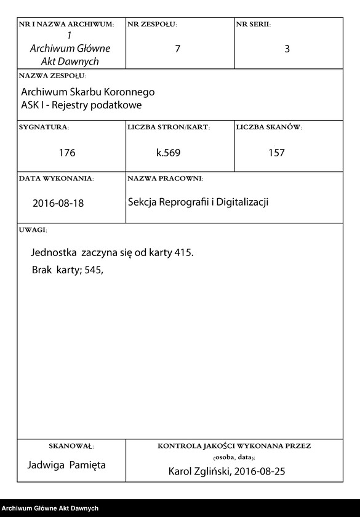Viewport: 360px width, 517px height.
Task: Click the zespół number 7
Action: (177, 49)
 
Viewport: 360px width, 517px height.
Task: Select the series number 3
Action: (287, 49)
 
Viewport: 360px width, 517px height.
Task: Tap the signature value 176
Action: (67, 153)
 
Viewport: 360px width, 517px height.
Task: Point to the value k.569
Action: (168, 153)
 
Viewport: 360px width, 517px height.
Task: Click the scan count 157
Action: (276, 153)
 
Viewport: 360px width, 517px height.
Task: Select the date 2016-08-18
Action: (58, 203)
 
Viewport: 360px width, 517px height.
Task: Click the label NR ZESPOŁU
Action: (152, 25)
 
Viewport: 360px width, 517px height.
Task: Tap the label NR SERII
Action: (253, 25)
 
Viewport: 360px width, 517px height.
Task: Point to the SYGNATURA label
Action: (44, 127)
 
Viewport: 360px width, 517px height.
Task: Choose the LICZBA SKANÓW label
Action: (268, 127)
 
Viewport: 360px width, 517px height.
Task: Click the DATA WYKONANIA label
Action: (56, 178)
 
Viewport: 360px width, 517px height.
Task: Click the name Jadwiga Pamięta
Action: (67, 465)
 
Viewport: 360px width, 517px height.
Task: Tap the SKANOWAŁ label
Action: (71, 445)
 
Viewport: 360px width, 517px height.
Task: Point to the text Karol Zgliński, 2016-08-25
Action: (226, 472)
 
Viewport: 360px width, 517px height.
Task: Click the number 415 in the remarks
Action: (183, 252)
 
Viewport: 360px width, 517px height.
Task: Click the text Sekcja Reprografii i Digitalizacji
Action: (198, 201)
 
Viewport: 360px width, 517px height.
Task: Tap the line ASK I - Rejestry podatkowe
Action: (81, 105)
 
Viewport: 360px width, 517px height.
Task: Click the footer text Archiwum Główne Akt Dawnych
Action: (50, 508)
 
